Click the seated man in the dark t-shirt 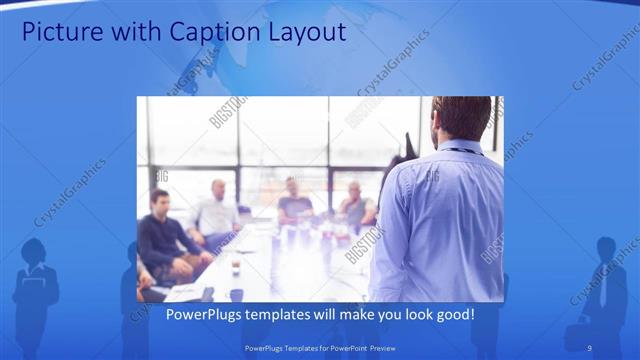[294, 200]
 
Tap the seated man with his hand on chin [355, 204]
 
